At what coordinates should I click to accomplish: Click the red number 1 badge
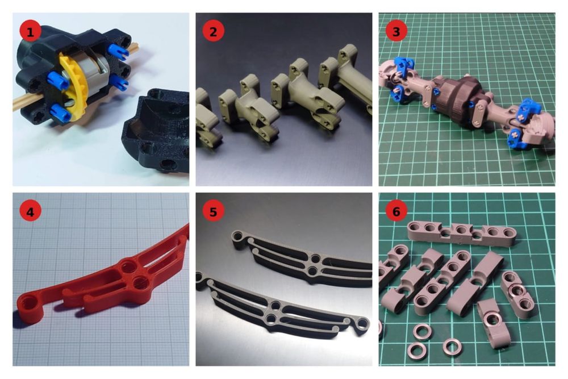point(31,31)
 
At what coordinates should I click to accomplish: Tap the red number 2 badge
point(214,31)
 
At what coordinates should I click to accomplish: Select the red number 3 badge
point(396,31)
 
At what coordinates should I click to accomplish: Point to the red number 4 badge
point(31,211)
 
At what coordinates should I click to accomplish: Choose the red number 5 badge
point(214,211)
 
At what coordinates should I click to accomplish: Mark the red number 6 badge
point(396,211)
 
